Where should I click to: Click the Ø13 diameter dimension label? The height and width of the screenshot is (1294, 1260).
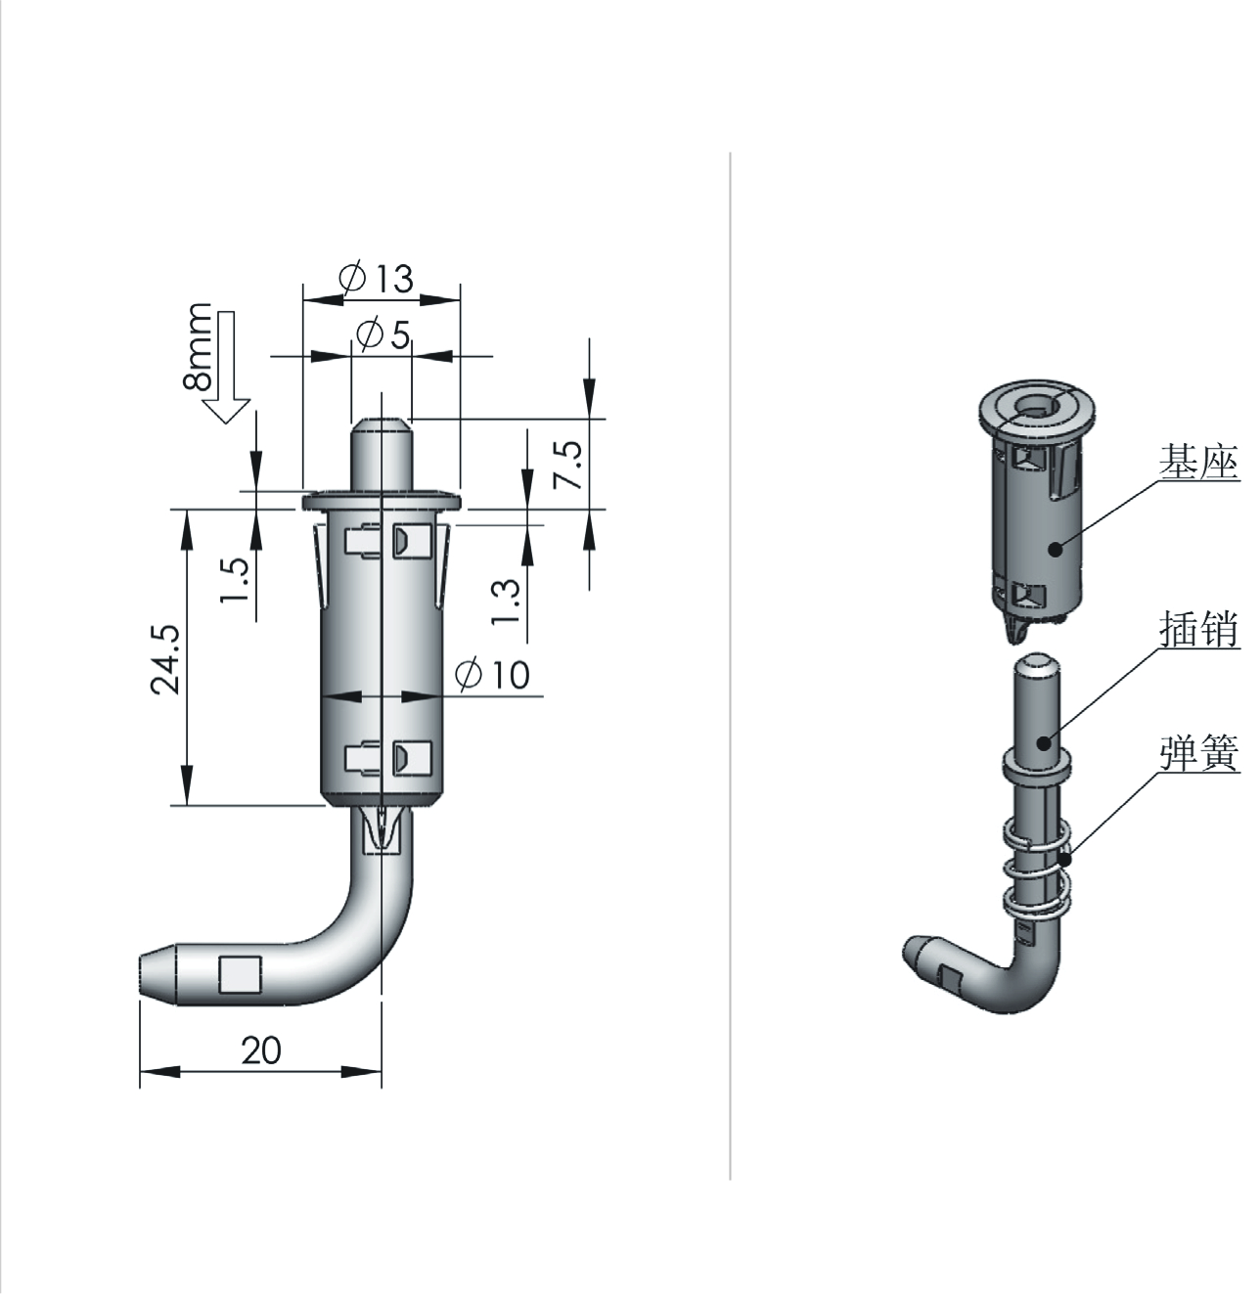pyautogui.click(x=377, y=279)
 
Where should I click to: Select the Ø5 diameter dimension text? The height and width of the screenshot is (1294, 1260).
pyautogui.click(x=383, y=335)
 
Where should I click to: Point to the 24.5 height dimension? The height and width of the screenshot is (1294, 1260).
pyautogui.click(x=164, y=659)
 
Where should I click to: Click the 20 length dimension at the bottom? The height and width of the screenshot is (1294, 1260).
pyautogui.click(x=261, y=1050)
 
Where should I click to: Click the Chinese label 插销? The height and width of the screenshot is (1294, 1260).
pyautogui.click(x=1198, y=630)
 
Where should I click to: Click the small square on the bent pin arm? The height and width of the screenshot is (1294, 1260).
pyautogui.click(x=240, y=974)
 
